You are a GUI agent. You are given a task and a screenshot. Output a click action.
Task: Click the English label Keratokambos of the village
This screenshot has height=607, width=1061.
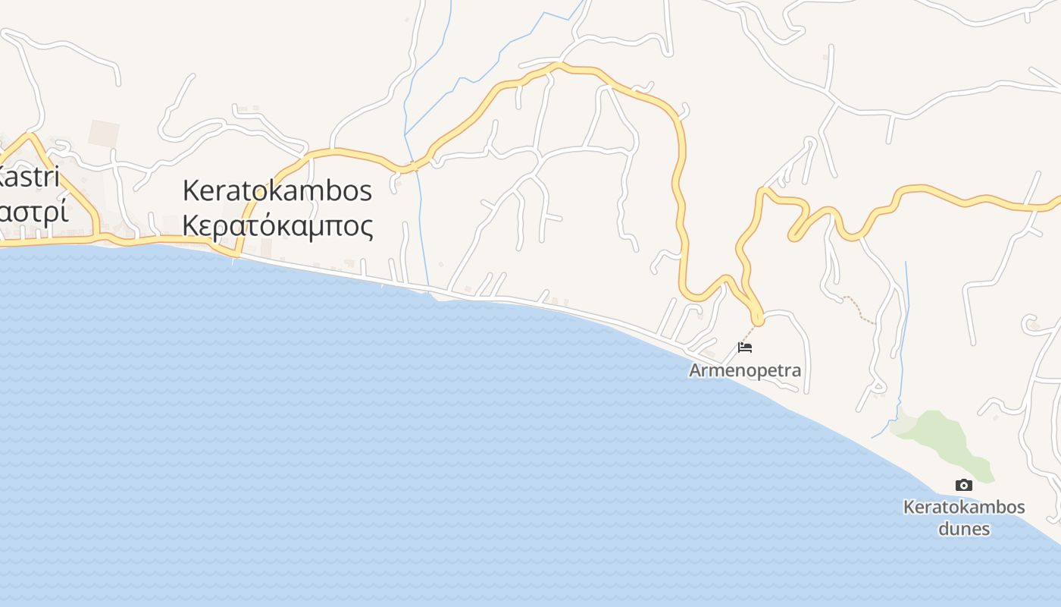[x=277, y=190]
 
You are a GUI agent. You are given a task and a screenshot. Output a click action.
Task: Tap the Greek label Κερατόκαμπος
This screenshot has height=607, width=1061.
[x=277, y=225]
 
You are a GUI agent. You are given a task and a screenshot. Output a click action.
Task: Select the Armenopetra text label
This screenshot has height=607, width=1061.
[x=745, y=370]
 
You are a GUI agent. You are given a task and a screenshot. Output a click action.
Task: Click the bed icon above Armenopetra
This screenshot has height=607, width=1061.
[x=745, y=348]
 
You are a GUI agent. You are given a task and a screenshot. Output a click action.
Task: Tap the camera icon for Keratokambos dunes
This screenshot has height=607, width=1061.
[x=963, y=486]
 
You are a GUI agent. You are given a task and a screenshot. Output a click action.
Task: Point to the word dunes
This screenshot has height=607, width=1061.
[x=964, y=528]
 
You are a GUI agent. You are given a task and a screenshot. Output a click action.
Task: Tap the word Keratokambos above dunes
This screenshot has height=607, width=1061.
[x=964, y=507]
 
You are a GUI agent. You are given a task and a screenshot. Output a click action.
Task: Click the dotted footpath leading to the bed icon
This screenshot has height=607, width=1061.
[x=750, y=332]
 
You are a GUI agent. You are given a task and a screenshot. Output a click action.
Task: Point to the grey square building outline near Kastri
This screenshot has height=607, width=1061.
[x=103, y=134]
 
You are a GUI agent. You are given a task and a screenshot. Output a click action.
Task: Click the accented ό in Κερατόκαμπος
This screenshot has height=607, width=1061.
[x=274, y=225]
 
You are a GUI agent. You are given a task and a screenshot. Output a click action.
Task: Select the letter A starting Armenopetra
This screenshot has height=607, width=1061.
[x=695, y=370]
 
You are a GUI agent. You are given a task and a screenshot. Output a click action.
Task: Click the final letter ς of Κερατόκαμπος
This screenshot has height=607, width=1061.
[x=366, y=227]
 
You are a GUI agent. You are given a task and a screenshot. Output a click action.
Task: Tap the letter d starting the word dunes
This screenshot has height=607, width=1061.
[x=944, y=528]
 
